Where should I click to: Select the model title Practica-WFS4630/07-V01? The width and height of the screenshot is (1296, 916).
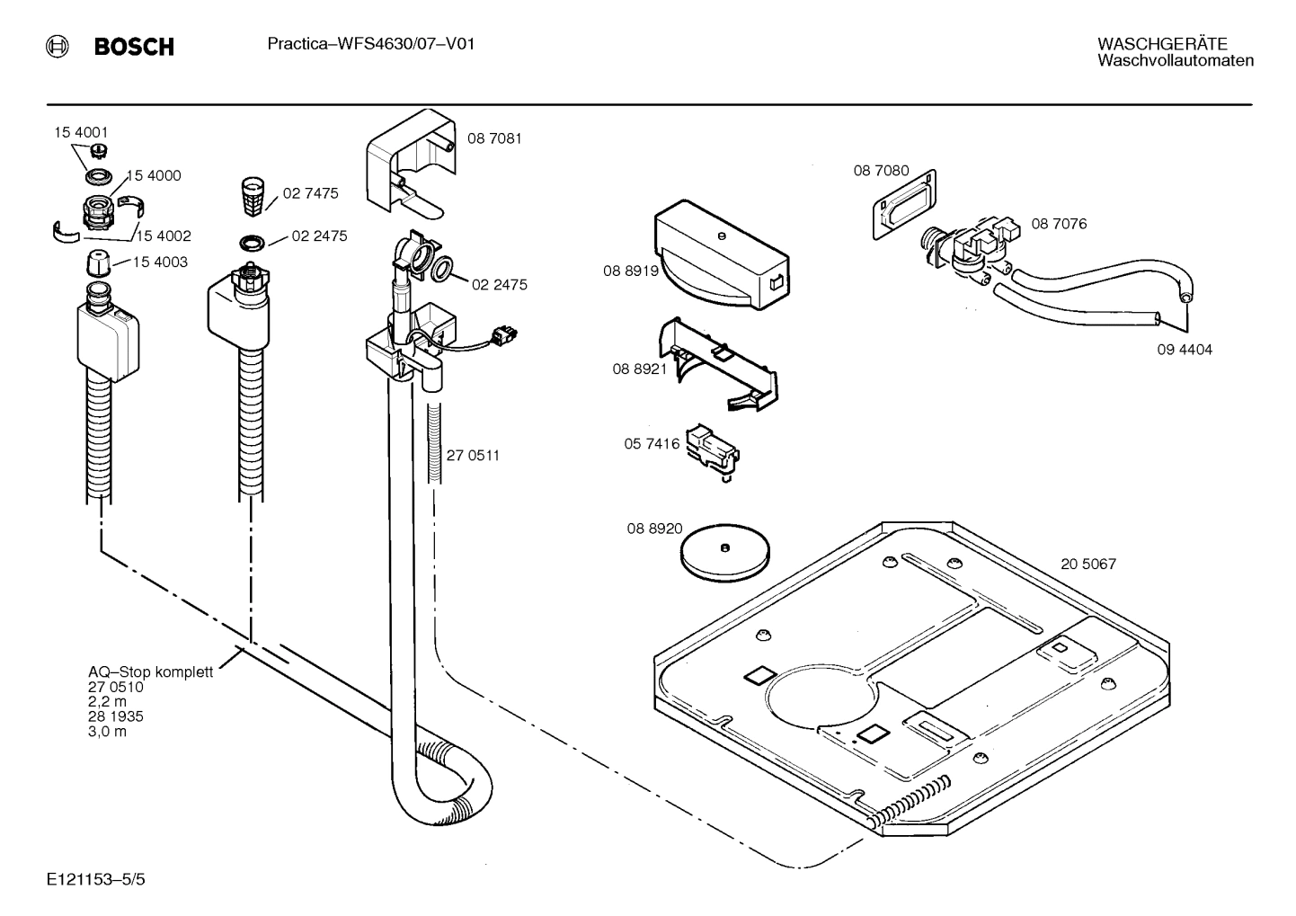coord(370,44)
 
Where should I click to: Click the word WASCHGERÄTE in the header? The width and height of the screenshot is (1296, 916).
coord(1161,44)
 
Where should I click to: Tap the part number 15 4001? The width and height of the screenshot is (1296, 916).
coord(81,132)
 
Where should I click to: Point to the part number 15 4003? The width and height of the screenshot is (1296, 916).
coord(161,262)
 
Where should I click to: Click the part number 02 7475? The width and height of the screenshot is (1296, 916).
coord(310,193)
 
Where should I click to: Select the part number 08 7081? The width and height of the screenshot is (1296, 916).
coord(494,138)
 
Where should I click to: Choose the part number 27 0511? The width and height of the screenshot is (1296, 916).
coord(473,455)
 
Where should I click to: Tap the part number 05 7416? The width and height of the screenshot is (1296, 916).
coord(652,444)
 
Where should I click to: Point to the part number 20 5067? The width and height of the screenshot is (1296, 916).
coord(1087,564)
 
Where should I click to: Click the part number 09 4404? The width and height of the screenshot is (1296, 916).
coord(1184,349)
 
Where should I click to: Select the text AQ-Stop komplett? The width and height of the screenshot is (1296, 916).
coord(150,671)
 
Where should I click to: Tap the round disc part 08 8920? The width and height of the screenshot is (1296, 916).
coord(724,552)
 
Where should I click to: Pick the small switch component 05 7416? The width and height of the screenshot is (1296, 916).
coord(712,448)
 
